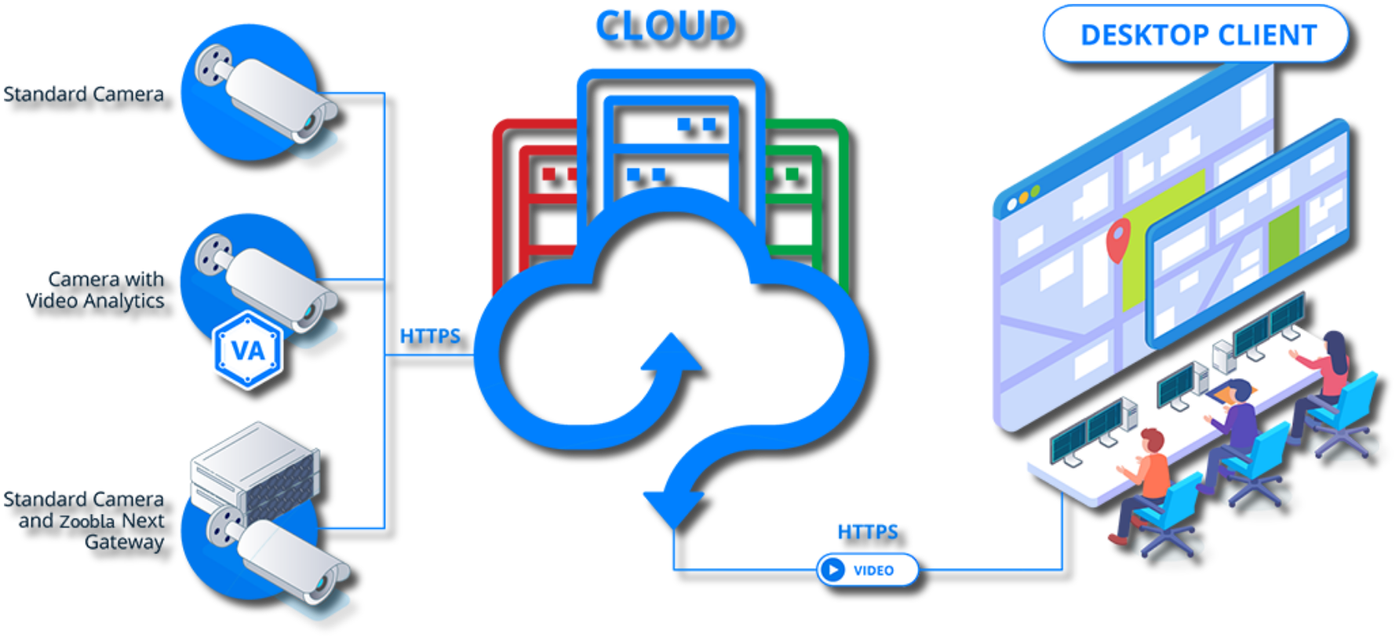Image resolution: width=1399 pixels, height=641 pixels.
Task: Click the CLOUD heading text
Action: [665, 26]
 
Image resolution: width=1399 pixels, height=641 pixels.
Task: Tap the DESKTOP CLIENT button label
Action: [1197, 35]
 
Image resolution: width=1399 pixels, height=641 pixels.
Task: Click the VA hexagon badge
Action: [248, 350]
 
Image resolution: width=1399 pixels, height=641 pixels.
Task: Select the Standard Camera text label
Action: [84, 95]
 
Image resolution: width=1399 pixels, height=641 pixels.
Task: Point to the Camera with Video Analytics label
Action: [96, 290]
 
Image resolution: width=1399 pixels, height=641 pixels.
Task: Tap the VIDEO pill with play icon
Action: [866, 570]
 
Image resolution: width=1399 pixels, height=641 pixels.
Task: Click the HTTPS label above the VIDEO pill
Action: [867, 532]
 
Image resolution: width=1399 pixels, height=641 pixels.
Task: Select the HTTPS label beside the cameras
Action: [429, 337]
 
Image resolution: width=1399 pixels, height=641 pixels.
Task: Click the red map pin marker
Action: [1118, 238]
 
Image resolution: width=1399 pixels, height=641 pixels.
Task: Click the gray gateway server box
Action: [254, 467]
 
